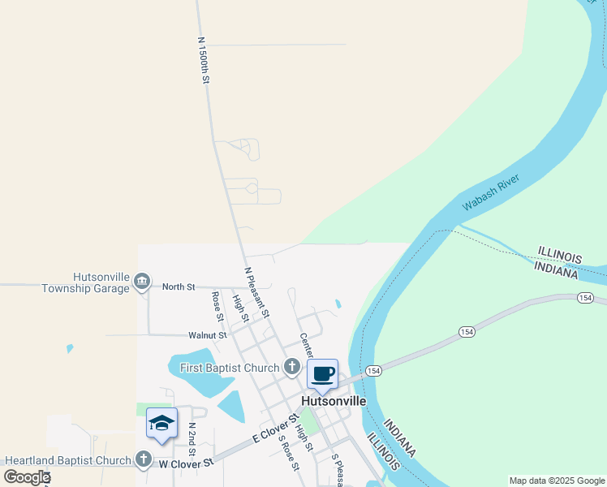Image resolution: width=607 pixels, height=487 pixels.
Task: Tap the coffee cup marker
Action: pos(322,375)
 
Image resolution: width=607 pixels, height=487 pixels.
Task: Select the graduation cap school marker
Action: pos(161,424)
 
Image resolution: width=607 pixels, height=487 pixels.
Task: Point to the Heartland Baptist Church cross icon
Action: pos(144,459)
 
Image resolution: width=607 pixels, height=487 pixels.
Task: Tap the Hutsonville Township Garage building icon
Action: pos(142,282)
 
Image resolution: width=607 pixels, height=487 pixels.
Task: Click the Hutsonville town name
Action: pos(334,401)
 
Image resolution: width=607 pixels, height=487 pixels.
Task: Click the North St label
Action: pos(179,287)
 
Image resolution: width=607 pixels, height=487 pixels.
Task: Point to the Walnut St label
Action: pos(206,334)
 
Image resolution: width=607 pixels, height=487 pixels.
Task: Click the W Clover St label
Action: pos(185,463)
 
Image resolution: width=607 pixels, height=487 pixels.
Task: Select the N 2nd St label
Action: pos(192,438)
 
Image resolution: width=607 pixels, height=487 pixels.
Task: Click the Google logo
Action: pos(27,476)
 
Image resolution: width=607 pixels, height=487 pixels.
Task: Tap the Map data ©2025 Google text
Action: pos(556,481)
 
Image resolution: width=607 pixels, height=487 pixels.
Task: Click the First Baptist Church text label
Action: pos(230,368)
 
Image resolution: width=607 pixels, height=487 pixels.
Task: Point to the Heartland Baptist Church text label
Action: pos(68,460)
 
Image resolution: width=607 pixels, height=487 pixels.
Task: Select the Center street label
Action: pos(306,346)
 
